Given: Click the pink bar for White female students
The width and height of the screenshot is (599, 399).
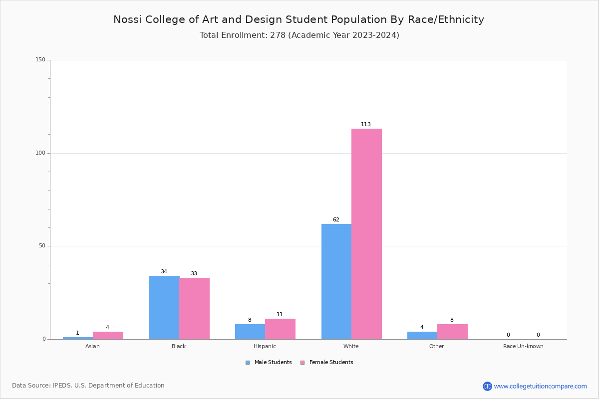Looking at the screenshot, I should (x=366, y=234).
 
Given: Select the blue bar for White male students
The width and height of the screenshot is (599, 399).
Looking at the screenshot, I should (x=336, y=281).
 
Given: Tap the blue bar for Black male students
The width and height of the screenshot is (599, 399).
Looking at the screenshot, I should (x=164, y=307).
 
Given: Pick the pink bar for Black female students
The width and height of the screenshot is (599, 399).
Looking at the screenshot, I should (x=194, y=308).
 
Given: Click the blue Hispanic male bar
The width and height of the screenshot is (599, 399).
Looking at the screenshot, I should (x=250, y=332).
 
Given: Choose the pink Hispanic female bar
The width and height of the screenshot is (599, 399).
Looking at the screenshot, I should (x=280, y=329).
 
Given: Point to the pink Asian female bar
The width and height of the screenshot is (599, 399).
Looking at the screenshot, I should (x=108, y=335).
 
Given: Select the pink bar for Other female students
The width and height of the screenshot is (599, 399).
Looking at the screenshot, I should (x=452, y=332).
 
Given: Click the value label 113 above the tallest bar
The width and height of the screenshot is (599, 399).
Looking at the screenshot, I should (x=366, y=125).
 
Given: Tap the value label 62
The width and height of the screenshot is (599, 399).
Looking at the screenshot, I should (x=336, y=220).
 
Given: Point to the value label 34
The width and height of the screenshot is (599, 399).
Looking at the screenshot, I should (x=164, y=272).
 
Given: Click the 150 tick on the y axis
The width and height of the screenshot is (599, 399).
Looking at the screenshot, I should (x=40, y=60).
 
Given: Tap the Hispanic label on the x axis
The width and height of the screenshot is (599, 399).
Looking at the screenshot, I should (x=265, y=346).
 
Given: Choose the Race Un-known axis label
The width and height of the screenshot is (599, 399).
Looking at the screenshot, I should (x=523, y=346).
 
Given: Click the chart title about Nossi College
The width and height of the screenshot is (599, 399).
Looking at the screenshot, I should (x=299, y=19).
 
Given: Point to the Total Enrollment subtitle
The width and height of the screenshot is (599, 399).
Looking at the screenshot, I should (x=299, y=35).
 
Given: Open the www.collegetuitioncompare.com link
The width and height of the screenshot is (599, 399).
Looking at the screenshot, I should (x=540, y=386).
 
